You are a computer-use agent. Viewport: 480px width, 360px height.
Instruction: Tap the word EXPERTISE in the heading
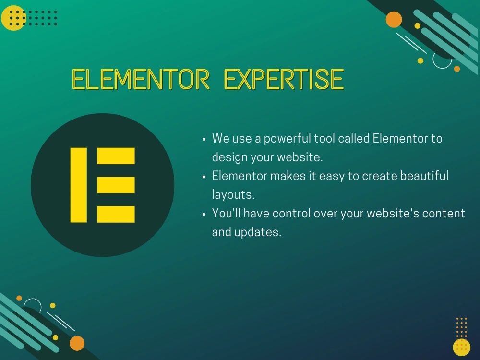[x=284, y=80]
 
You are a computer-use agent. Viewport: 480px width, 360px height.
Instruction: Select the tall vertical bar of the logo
[x=79, y=185]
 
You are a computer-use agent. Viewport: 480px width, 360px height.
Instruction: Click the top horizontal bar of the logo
[x=116, y=156]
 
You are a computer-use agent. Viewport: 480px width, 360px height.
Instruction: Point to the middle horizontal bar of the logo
[x=116, y=185]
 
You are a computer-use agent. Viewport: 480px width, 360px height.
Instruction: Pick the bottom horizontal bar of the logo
[x=116, y=214]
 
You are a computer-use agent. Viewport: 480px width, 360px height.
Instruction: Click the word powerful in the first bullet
[x=287, y=139]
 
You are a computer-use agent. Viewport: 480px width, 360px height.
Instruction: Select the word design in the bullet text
[x=229, y=157]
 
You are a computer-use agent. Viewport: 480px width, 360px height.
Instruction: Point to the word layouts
[x=233, y=194]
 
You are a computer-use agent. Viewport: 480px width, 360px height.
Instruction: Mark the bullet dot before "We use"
[x=204, y=139]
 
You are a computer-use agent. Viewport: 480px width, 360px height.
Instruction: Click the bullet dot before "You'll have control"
[x=204, y=214]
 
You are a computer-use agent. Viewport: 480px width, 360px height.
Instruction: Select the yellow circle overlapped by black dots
[x=13, y=18]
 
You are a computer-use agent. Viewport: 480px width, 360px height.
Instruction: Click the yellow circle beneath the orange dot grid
[x=461, y=347]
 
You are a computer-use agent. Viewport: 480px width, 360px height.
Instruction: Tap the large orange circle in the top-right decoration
[x=394, y=20]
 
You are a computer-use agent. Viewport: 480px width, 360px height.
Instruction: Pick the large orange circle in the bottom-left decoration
[x=77, y=343]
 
